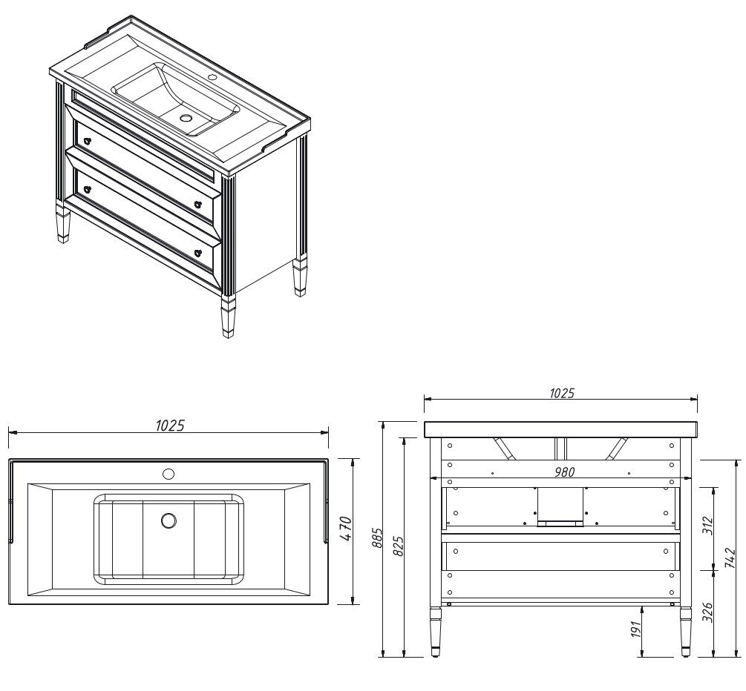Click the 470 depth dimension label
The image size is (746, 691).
(x=347, y=529)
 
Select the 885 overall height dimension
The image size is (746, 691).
(x=377, y=538)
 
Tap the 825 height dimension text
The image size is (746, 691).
(x=399, y=546)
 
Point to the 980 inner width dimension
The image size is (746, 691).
(x=565, y=472)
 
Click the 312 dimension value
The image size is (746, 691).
(x=708, y=526)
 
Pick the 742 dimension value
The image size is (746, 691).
(x=733, y=557)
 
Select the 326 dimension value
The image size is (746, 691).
(x=708, y=612)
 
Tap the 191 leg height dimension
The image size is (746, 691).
(x=636, y=628)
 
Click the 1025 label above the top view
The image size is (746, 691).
(x=170, y=426)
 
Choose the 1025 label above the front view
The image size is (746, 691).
(x=562, y=393)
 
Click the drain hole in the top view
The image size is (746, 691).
(x=168, y=520)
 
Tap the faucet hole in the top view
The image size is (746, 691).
(x=168, y=474)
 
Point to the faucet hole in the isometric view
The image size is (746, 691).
(x=212, y=77)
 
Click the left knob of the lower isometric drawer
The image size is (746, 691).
(x=87, y=190)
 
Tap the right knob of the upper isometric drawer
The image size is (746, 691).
(x=198, y=205)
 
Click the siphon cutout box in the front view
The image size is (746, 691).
(x=560, y=507)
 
